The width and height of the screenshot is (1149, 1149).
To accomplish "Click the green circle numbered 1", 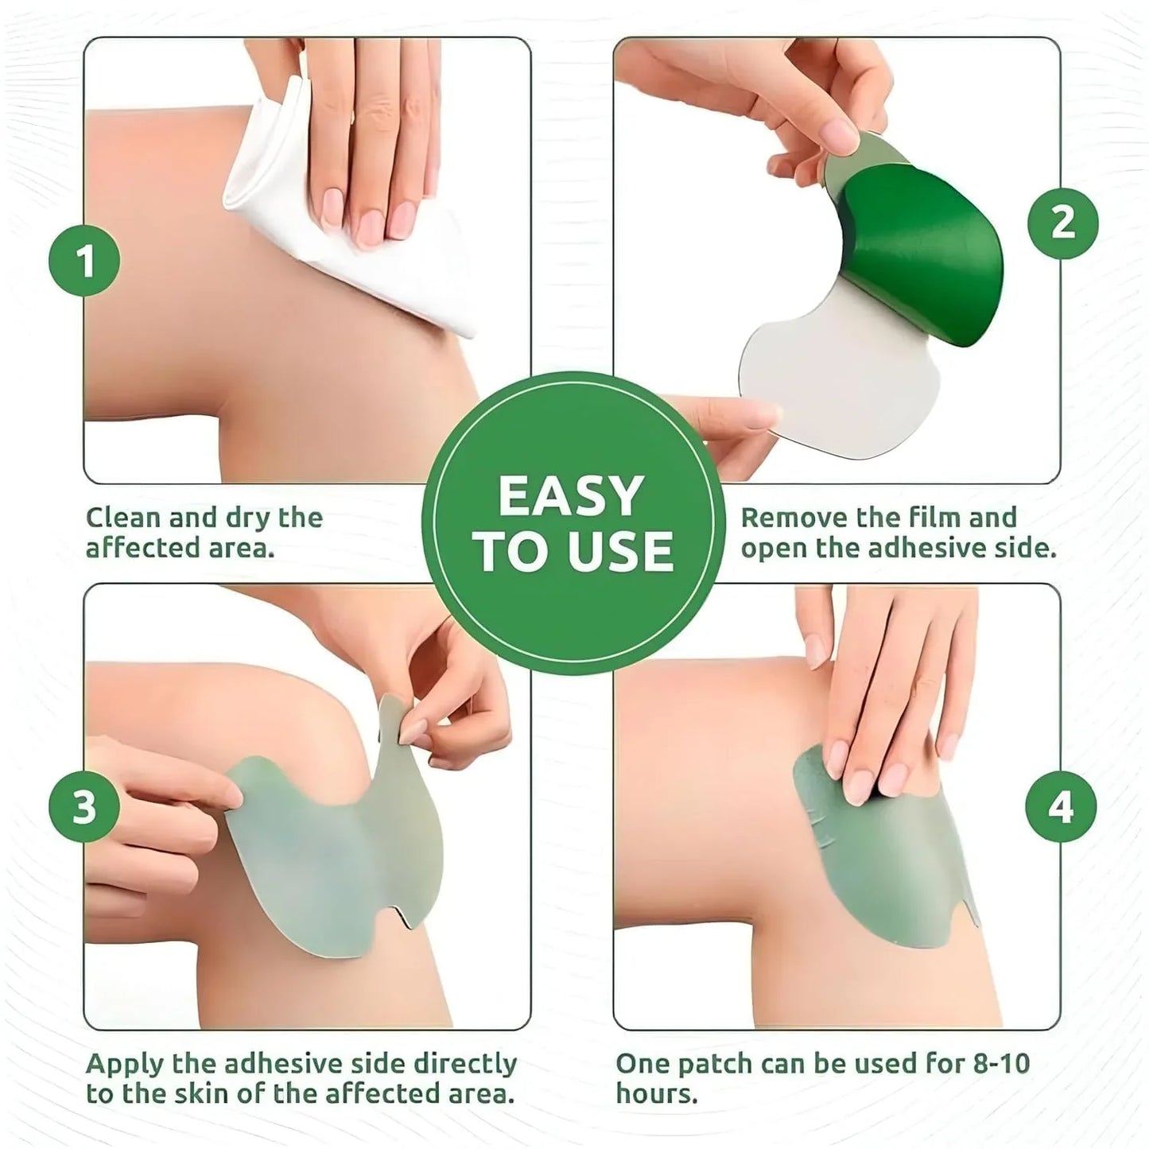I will point(84,261).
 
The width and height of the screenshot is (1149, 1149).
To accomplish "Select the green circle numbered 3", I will point(84,806).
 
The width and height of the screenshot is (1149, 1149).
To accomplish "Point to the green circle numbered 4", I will point(1061,806).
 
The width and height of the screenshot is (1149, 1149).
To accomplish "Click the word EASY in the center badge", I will point(571,496).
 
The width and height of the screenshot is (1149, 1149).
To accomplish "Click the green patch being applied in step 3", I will point(334,859).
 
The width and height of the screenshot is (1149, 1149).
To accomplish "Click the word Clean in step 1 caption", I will point(124,518).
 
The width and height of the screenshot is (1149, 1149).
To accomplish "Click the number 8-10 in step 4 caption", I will point(1000,1064).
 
